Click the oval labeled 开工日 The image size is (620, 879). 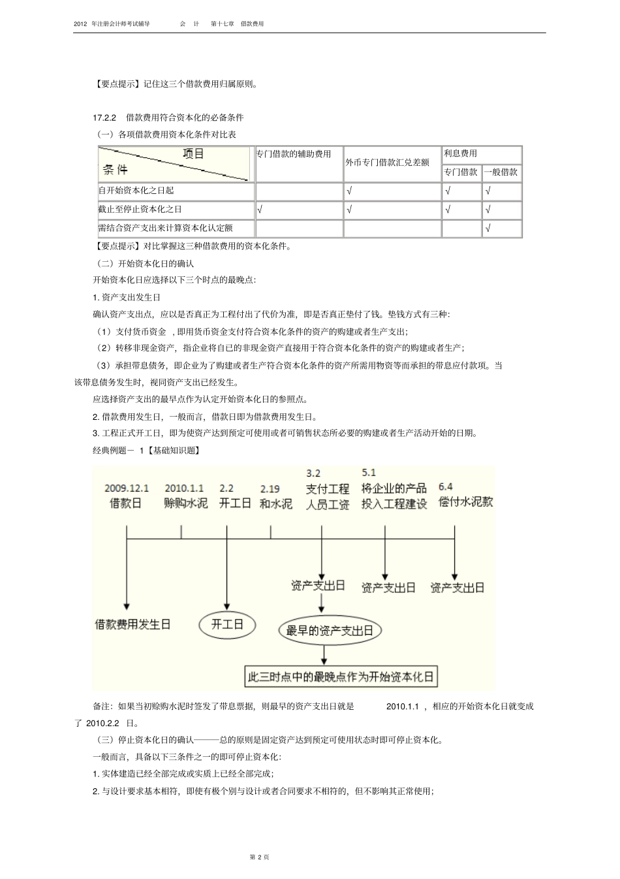click(226, 624)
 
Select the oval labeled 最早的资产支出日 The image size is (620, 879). click(330, 630)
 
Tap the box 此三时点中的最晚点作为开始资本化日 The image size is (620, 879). click(340, 677)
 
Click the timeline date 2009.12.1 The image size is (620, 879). click(127, 488)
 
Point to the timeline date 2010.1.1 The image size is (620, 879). click(184, 488)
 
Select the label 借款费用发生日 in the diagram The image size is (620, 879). click(132, 624)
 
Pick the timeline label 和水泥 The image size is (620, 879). click(275, 503)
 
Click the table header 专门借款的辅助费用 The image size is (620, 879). click(294, 154)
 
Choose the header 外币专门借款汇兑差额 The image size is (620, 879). click(387, 162)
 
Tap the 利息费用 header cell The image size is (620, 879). click(460, 153)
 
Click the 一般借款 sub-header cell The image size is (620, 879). click(501, 172)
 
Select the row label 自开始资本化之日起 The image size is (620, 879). click(136, 191)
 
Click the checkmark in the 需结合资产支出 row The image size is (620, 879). click(488, 229)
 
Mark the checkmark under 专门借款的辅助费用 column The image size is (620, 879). click(260, 210)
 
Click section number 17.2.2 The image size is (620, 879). click(104, 118)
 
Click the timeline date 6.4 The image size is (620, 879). click(446, 487)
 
